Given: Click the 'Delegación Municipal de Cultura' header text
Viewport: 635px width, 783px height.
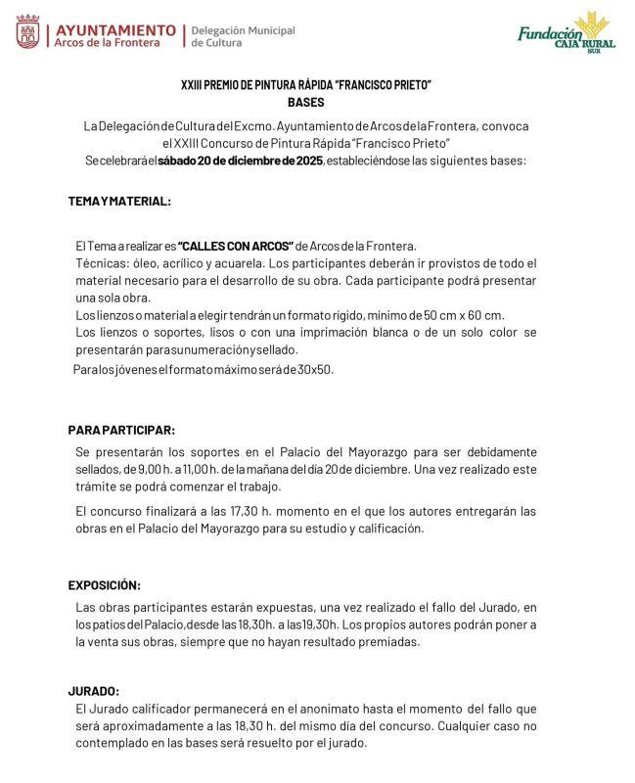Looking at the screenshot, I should (243, 36).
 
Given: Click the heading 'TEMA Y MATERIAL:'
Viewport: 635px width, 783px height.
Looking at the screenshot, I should (119, 201).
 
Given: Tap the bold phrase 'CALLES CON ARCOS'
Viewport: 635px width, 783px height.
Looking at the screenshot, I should (236, 245).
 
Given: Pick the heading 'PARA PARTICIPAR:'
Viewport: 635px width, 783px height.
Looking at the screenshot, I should (121, 430).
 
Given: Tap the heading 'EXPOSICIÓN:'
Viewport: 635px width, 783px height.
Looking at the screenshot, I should (104, 585).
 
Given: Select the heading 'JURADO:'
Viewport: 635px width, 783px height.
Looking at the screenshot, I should (93, 690).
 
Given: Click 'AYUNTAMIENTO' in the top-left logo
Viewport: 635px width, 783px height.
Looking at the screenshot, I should (115, 29).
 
